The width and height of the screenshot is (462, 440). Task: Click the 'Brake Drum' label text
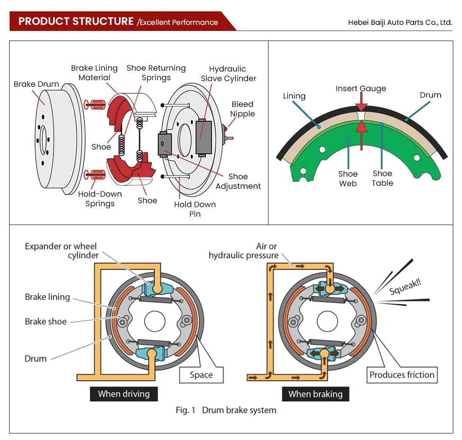coord(36,84)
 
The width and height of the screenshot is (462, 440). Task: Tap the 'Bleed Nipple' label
coord(242,109)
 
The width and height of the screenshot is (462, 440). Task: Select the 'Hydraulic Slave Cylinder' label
coord(228,74)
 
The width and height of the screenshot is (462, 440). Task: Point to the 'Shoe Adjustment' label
coord(238,181)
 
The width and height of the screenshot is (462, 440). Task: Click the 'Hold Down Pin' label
coord(195,209)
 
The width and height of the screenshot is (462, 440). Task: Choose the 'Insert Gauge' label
coord(361,89)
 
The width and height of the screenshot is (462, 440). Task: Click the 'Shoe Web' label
coord(348,179)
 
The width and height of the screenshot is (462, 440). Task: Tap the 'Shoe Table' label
coord(382,178)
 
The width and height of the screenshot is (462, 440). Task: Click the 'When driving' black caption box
coord(124,394)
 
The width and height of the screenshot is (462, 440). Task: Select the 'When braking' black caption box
coord(315,394)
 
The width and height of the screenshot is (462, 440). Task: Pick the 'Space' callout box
coord(201,375)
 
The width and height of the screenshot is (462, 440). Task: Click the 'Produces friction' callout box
coord(402,375)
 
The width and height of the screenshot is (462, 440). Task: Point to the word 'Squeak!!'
coord(406,287)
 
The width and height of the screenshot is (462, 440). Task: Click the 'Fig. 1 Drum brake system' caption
coord(226,410)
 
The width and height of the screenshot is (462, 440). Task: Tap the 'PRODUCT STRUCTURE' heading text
coord(76,21)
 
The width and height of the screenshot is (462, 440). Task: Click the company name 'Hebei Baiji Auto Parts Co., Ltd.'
coord(400,22)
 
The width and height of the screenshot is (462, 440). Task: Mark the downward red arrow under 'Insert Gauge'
coord(361,107)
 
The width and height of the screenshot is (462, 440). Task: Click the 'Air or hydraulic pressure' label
coord(243,251)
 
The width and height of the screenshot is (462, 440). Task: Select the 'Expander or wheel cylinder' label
coord(61,251)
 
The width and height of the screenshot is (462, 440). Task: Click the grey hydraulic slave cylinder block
coord(204,136)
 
